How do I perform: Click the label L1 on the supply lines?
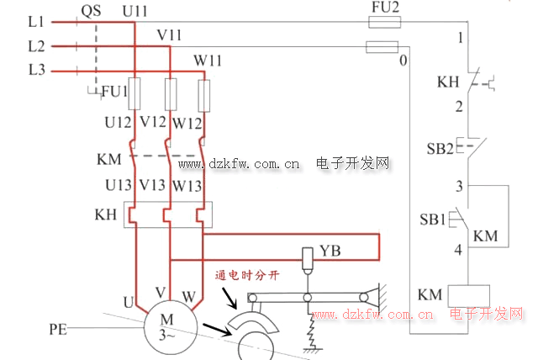[36, 22]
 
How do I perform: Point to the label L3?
[36, 70]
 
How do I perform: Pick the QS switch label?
[92, 12]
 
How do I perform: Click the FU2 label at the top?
[385, 8]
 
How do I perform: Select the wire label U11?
[134, 12]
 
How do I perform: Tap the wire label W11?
[208, 61]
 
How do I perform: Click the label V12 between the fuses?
[153, 122]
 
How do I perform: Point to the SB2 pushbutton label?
[440, 149]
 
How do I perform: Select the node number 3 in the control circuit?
[459, 186]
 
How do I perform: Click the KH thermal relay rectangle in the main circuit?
[168, 214]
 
